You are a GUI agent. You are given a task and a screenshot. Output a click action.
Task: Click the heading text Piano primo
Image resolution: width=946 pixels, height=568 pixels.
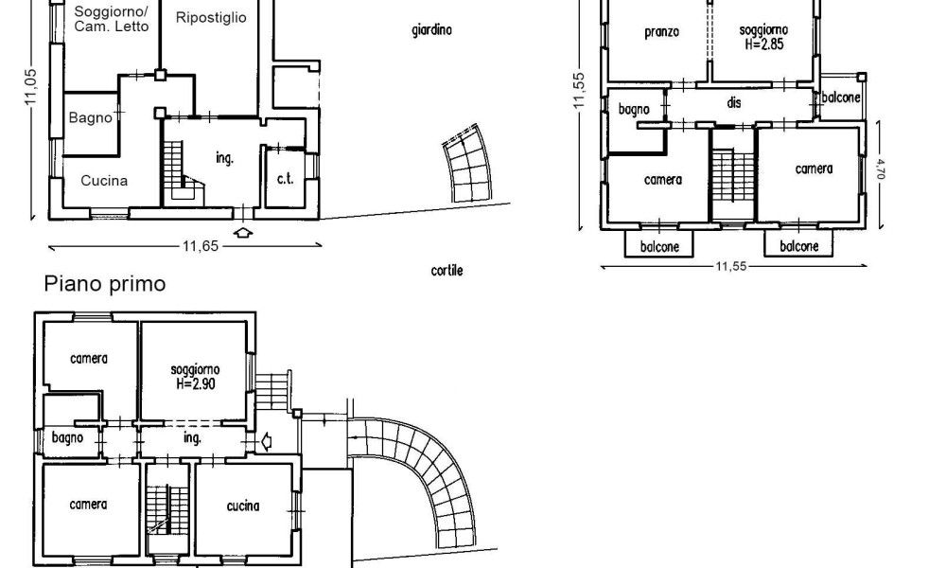(105, 284)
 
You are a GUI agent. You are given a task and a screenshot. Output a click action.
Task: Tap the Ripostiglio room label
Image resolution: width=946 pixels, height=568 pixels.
(211, 18)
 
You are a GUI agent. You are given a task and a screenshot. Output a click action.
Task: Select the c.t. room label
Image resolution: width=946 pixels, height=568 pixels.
(286, 179)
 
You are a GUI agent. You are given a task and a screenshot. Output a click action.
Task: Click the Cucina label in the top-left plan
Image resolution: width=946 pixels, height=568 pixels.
(104, 181)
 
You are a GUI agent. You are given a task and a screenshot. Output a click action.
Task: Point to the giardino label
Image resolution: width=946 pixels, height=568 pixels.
(432, 29)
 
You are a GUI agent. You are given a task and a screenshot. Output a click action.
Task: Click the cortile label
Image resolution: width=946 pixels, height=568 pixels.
(447, 271)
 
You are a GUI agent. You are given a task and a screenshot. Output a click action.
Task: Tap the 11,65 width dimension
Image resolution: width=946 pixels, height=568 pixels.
(201, 246)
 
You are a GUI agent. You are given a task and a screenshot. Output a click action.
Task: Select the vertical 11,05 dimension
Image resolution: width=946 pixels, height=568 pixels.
(31, 86)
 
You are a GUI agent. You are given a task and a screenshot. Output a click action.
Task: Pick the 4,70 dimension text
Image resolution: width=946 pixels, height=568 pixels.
(880, 169)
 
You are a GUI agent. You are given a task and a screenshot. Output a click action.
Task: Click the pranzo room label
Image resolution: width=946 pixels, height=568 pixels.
(662, 32)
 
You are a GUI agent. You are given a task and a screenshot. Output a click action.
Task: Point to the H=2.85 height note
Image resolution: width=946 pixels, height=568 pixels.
(763, 44)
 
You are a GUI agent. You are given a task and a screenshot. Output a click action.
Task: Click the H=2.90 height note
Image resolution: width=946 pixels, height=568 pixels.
(196, 384)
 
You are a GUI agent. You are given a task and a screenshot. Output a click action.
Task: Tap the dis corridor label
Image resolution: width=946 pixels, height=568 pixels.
(734, 102)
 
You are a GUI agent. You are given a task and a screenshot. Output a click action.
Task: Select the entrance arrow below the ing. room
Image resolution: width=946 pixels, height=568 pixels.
(242, 232)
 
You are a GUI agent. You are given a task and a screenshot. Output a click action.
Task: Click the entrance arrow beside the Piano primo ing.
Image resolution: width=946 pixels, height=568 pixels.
(266, 442)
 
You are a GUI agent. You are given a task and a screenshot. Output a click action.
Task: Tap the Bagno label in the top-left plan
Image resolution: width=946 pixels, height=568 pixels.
(91, 117)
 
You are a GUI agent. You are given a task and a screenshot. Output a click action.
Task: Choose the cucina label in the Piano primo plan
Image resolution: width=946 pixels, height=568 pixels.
(243, 506)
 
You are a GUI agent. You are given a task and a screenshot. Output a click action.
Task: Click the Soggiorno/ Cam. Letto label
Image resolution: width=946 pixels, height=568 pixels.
(111, 19)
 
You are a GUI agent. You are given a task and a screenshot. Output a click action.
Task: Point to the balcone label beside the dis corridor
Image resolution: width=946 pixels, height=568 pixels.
(841, 98)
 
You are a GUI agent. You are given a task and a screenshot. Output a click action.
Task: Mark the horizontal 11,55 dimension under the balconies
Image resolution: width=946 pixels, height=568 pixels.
(731, 266)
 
